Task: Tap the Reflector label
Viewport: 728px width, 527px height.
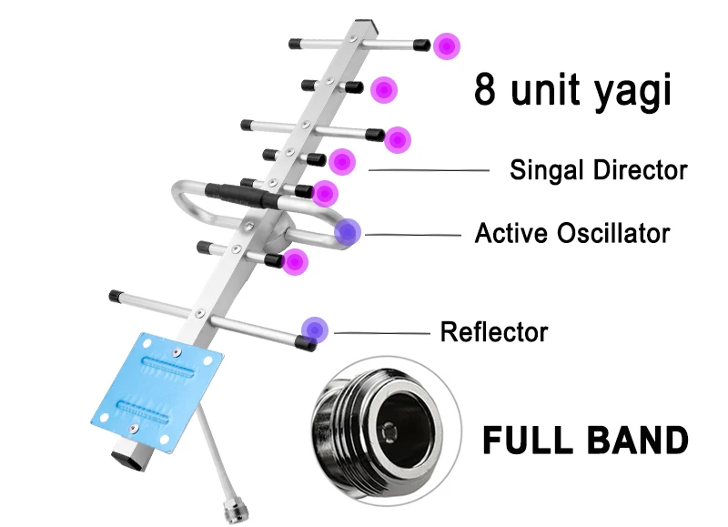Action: [494, 331]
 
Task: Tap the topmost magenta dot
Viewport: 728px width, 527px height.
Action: [446, 46]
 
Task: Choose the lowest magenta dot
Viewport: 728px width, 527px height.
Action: [295, 263]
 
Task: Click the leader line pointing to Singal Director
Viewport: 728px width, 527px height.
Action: [428, 170]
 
